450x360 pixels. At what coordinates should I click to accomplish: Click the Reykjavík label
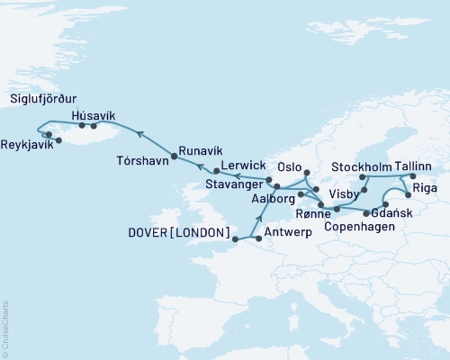pos(26,145)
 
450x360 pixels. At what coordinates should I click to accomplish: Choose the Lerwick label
pos(241,166)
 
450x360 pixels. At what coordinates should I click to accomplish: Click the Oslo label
pos(289,167)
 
